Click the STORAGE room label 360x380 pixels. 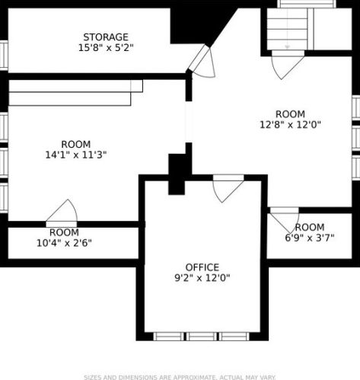106,37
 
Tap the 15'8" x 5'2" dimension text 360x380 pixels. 106,48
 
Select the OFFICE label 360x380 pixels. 202,267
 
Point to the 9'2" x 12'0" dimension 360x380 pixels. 202,278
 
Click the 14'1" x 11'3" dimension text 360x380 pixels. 76,155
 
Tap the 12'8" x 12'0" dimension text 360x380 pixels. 290,125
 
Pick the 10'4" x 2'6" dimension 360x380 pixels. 64,243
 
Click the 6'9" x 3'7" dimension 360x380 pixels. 310,238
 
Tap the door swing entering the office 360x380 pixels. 228,188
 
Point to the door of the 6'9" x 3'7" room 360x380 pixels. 285,219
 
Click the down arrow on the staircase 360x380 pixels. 287,46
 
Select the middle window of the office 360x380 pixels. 202,337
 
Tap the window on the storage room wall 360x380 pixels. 4,56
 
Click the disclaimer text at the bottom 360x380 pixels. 180,377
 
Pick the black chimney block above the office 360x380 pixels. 177,174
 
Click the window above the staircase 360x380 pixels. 307,4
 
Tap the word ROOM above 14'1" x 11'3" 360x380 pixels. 76,144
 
